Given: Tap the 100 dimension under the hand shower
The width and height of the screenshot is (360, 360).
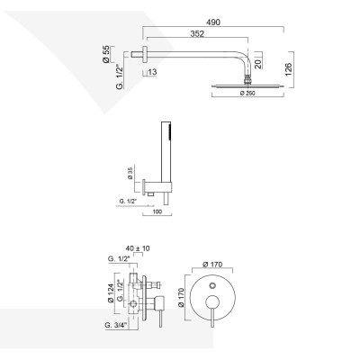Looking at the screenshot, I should [159, 213].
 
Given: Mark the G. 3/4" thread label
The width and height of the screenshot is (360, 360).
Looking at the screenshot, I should [116, 323].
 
